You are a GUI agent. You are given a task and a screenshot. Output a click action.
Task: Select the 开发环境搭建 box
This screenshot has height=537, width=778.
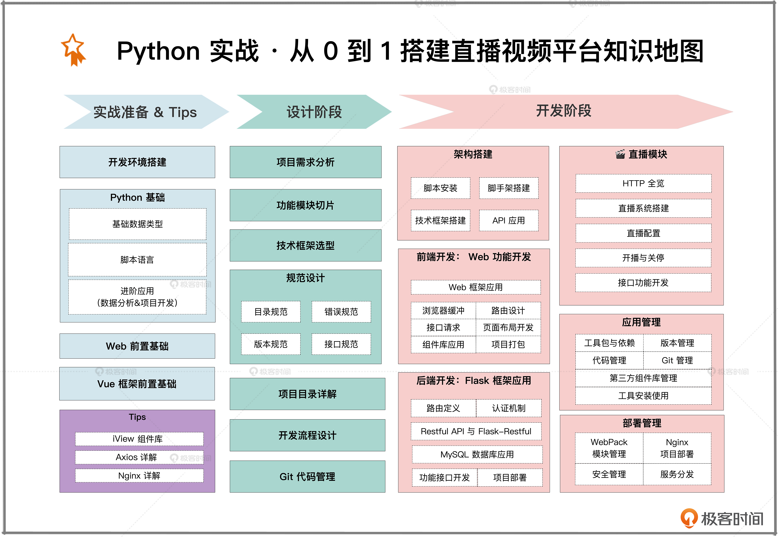pyautogui.click(x=137, y=162)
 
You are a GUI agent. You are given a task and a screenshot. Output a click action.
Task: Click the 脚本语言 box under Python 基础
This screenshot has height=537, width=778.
pyautogui.click(x=137, y=259)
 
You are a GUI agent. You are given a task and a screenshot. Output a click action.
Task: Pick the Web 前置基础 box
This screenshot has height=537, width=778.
pyautogui.click(x=137, y=346)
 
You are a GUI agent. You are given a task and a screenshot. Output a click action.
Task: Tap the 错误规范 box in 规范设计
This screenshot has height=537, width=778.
pyautogui.click(x=341, y=312)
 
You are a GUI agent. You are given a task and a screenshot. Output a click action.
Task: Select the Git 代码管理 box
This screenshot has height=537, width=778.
pyautogui.click(x=307, y=477)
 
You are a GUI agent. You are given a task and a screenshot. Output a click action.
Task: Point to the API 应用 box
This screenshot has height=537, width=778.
pyautogui.click(x=509, y=220)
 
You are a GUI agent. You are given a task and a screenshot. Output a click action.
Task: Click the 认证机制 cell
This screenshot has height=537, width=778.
pyautogui.click(x=509, y=408)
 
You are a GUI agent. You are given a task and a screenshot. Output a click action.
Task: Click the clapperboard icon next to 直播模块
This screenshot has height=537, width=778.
pyautogui.click(x=620, y=154)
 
